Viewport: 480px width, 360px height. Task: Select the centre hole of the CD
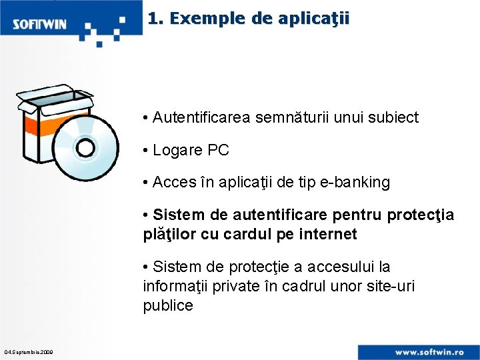[x=86, y=148]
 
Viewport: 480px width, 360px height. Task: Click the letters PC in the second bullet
[x=218, y=151]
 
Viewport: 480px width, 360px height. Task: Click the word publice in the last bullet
[x=168, y=306]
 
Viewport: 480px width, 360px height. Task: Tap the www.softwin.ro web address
[x=433, y=351]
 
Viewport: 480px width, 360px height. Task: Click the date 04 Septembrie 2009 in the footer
[x=29, y=352]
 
